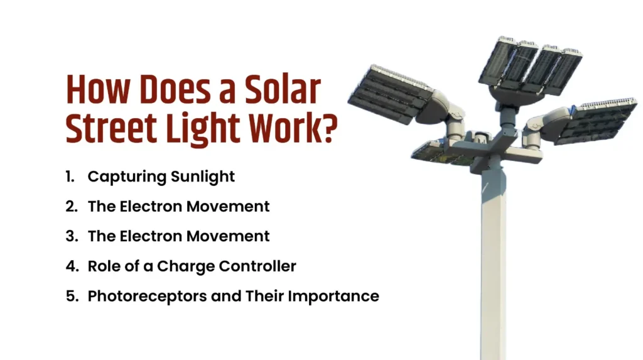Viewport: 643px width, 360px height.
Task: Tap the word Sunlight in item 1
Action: click(203, 177)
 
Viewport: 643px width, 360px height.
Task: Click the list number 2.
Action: click(71, 207)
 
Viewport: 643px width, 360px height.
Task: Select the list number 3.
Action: click(71, 236)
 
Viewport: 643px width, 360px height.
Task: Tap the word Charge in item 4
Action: click(186, 266)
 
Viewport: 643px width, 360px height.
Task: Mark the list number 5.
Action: click(71, 295)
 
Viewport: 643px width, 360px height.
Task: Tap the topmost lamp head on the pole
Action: click(530, 63)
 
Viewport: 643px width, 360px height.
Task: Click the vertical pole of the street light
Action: click(493, 264)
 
